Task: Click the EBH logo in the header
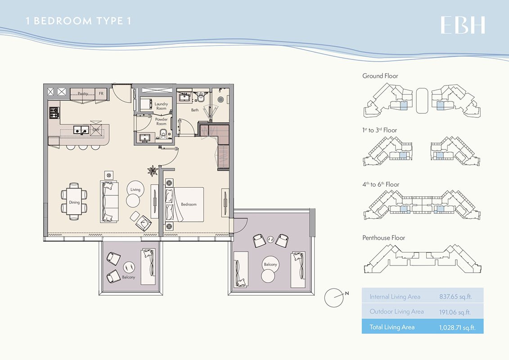pos(463,25)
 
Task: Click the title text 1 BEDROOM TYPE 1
pos(78,21)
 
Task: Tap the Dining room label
pos(74,202)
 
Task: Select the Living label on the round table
pos(135,190)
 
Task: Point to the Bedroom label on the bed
pos(189,204)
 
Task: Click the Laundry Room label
pos(161,106)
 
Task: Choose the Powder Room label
pos(161,121)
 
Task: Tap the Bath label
pos(194,110)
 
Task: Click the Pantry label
pos(83,94)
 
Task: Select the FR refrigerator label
pos(101,94)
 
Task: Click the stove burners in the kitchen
pos(54,112)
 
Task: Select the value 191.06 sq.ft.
pos(455,312)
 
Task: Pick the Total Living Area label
pos(392,327)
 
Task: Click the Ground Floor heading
pos(380,76)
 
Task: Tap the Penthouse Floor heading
pos(384,238)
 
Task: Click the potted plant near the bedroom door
pos(153,171)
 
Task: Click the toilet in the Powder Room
pos(163,134)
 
